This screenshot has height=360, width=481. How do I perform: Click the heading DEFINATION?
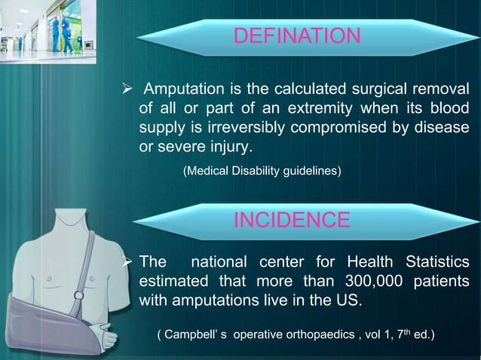297,35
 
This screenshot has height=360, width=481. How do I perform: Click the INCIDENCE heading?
292,220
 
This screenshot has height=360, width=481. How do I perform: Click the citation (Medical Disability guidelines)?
262,172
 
